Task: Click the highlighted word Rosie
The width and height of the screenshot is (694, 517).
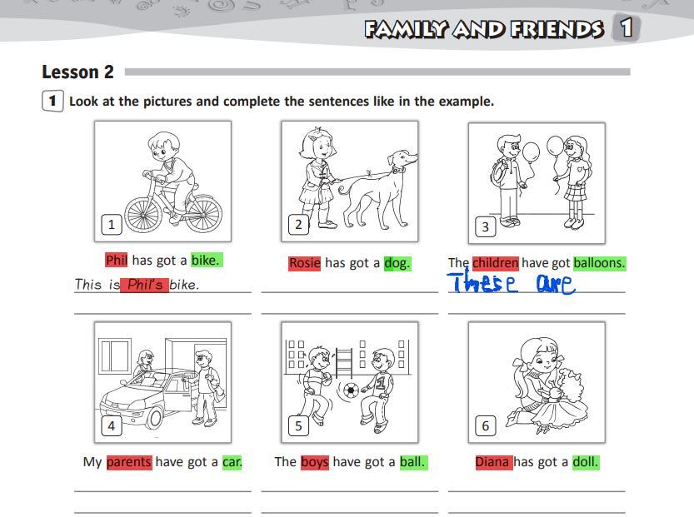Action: pyautogui.click(x=305, y=263)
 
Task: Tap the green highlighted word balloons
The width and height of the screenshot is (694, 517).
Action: pyautogui.click(x=600, y=263)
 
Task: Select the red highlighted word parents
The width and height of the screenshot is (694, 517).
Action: pyautogui.click(x=129, y=462)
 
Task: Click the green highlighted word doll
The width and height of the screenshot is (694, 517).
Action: pyautogui.click(x=586, y=462)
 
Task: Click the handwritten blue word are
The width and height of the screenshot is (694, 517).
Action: pyautogui.click(x=556, y=284)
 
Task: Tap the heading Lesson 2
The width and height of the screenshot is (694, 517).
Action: pyautogui.click(x=78, y=72)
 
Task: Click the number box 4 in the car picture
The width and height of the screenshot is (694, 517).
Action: pyautogui.click(x=111, y=426)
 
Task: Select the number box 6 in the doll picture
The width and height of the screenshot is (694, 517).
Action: pyautogui.click(x=485, y=426)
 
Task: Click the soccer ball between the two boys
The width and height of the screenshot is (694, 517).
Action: pyautogui.click(x=351, y=390)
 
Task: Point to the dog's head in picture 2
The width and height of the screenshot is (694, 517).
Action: pyautogui.click(x=402, y=160)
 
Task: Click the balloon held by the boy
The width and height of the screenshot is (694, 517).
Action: pyautogui.click(x=531, y=152)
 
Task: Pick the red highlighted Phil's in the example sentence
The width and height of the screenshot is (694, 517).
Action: pyautogui.click(x=144, y=285)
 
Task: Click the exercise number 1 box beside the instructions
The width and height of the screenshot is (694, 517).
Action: pyautogui.click(x=52, y=101)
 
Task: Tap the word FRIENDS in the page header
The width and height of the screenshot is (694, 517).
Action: pyautogui.click(x=557, y=29)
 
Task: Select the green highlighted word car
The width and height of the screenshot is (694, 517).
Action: pyautogui.click(x=232, y=462)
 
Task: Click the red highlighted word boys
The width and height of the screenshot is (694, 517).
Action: pyautogui.click(x=315, y=462)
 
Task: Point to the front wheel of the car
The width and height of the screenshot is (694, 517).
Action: pyautogui.click(x=154, y=416)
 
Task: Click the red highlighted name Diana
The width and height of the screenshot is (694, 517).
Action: pyautogui.click(x=494, y=462)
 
